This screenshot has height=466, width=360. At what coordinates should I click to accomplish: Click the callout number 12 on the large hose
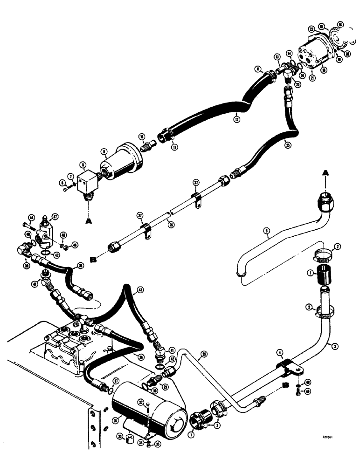coord(237,119)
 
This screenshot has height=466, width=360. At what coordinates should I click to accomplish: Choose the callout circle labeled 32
coord(139,402)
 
